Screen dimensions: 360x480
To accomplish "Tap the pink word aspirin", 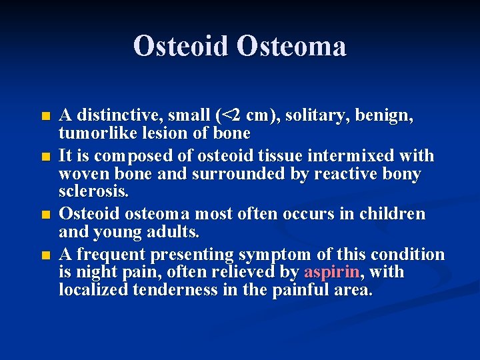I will click(x=332, y=272).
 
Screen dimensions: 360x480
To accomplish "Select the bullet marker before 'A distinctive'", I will click(x=45, y=117).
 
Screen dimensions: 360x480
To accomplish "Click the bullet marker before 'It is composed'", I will click(x=45, y=157).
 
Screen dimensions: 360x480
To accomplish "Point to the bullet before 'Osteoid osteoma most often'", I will click(x=45, y=215).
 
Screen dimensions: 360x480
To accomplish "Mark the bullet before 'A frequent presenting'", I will click(x=45, y=255).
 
